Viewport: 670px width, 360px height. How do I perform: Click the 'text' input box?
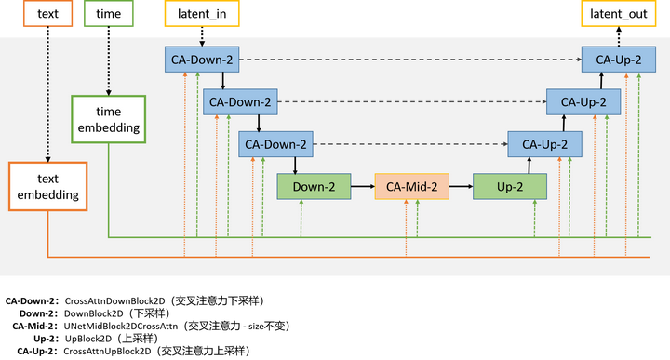(x=47, y=13)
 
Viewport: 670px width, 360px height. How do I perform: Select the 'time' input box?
(x=108, y=13)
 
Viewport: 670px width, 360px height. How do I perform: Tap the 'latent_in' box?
(x=201, y=13)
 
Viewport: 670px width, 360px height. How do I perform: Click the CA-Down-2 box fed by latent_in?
(x=202, y=60)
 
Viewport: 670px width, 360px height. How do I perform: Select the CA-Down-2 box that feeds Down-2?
(x=276, y=144)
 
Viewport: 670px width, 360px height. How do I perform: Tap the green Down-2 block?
(x=314, y=186)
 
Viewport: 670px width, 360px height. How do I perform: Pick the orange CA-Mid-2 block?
(x=411, y=186)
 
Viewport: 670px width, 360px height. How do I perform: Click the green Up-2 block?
(x=509, y=186)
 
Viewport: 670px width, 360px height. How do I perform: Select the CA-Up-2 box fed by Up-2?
(x=544, y=144)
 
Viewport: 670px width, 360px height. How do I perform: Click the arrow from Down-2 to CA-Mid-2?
(x=362, y=186)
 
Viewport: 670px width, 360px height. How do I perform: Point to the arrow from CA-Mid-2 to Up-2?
(x=461, y=186)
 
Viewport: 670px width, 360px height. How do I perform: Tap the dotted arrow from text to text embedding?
(x=47, y=93)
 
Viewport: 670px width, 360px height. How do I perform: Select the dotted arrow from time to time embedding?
(x=108, y=60)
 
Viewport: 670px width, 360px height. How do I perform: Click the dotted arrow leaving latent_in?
(x=201, y=35)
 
